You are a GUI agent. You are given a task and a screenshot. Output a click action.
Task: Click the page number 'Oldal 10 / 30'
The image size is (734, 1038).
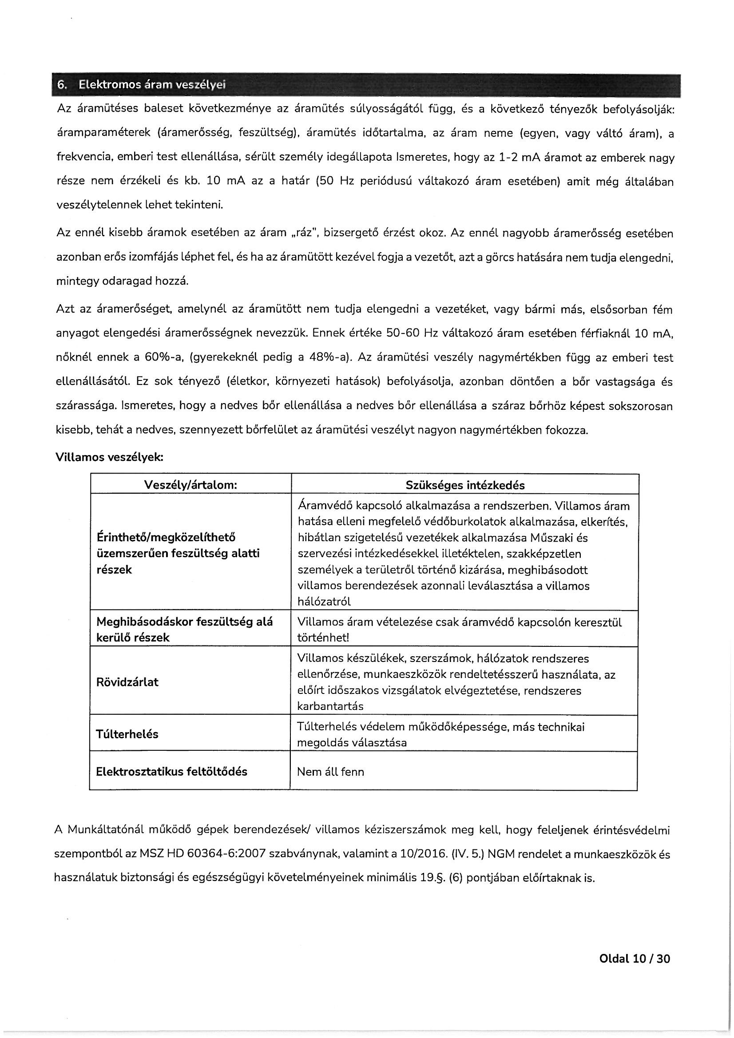click(634, 971)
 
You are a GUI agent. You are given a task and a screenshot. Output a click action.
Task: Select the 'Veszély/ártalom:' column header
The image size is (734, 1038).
click(190, 485)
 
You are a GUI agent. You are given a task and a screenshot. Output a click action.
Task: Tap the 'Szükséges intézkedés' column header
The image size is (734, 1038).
click(465, 485)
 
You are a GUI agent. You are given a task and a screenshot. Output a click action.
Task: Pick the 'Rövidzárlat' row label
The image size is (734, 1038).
click(127, 682)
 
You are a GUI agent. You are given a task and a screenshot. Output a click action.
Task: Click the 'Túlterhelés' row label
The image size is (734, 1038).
click(127, 734)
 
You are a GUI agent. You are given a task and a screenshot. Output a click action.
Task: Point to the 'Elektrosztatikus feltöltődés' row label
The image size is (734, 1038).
click(171, 772)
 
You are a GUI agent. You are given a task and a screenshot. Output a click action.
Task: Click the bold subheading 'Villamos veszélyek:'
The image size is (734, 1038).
click(109, 457)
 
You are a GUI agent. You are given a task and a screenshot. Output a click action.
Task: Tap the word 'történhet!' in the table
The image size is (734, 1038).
click(323, 638)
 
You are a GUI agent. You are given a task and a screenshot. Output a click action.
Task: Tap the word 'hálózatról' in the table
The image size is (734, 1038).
click(324, 602)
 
